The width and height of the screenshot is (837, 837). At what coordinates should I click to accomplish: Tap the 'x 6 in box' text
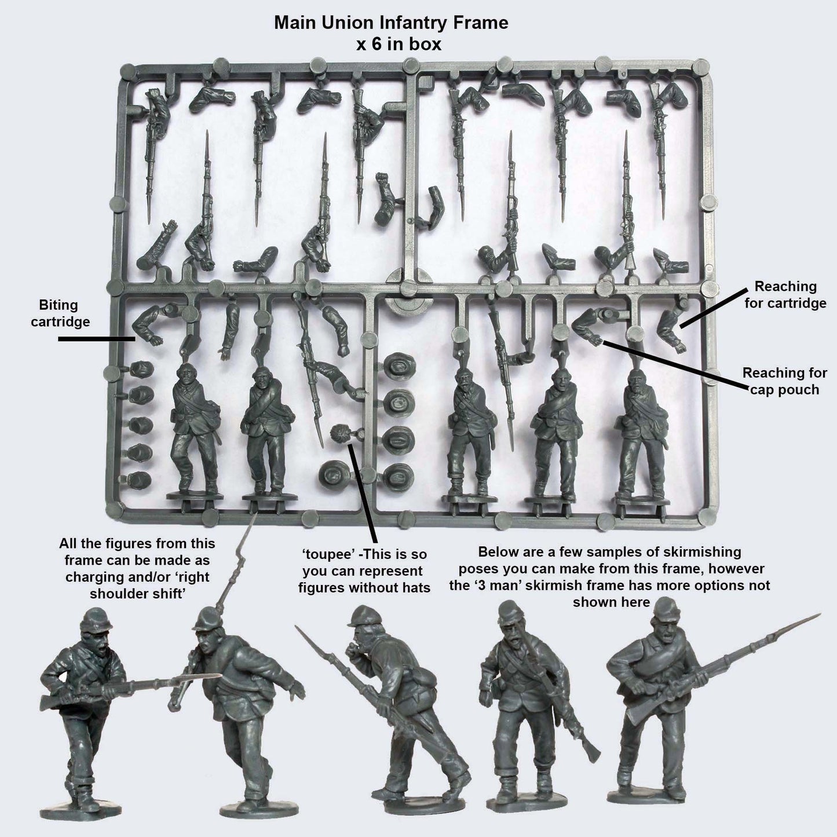tap(399, 44)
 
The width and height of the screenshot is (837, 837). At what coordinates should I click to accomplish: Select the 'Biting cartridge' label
tap(64, 313)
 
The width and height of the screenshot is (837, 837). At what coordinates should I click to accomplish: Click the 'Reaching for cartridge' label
tap(785, 294)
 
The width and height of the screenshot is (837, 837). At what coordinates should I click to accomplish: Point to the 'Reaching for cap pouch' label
tap(785, 381)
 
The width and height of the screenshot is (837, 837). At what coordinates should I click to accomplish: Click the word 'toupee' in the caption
tap(321, 555)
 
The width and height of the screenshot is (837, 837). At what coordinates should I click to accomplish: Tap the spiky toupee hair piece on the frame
tap(339, 434)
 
